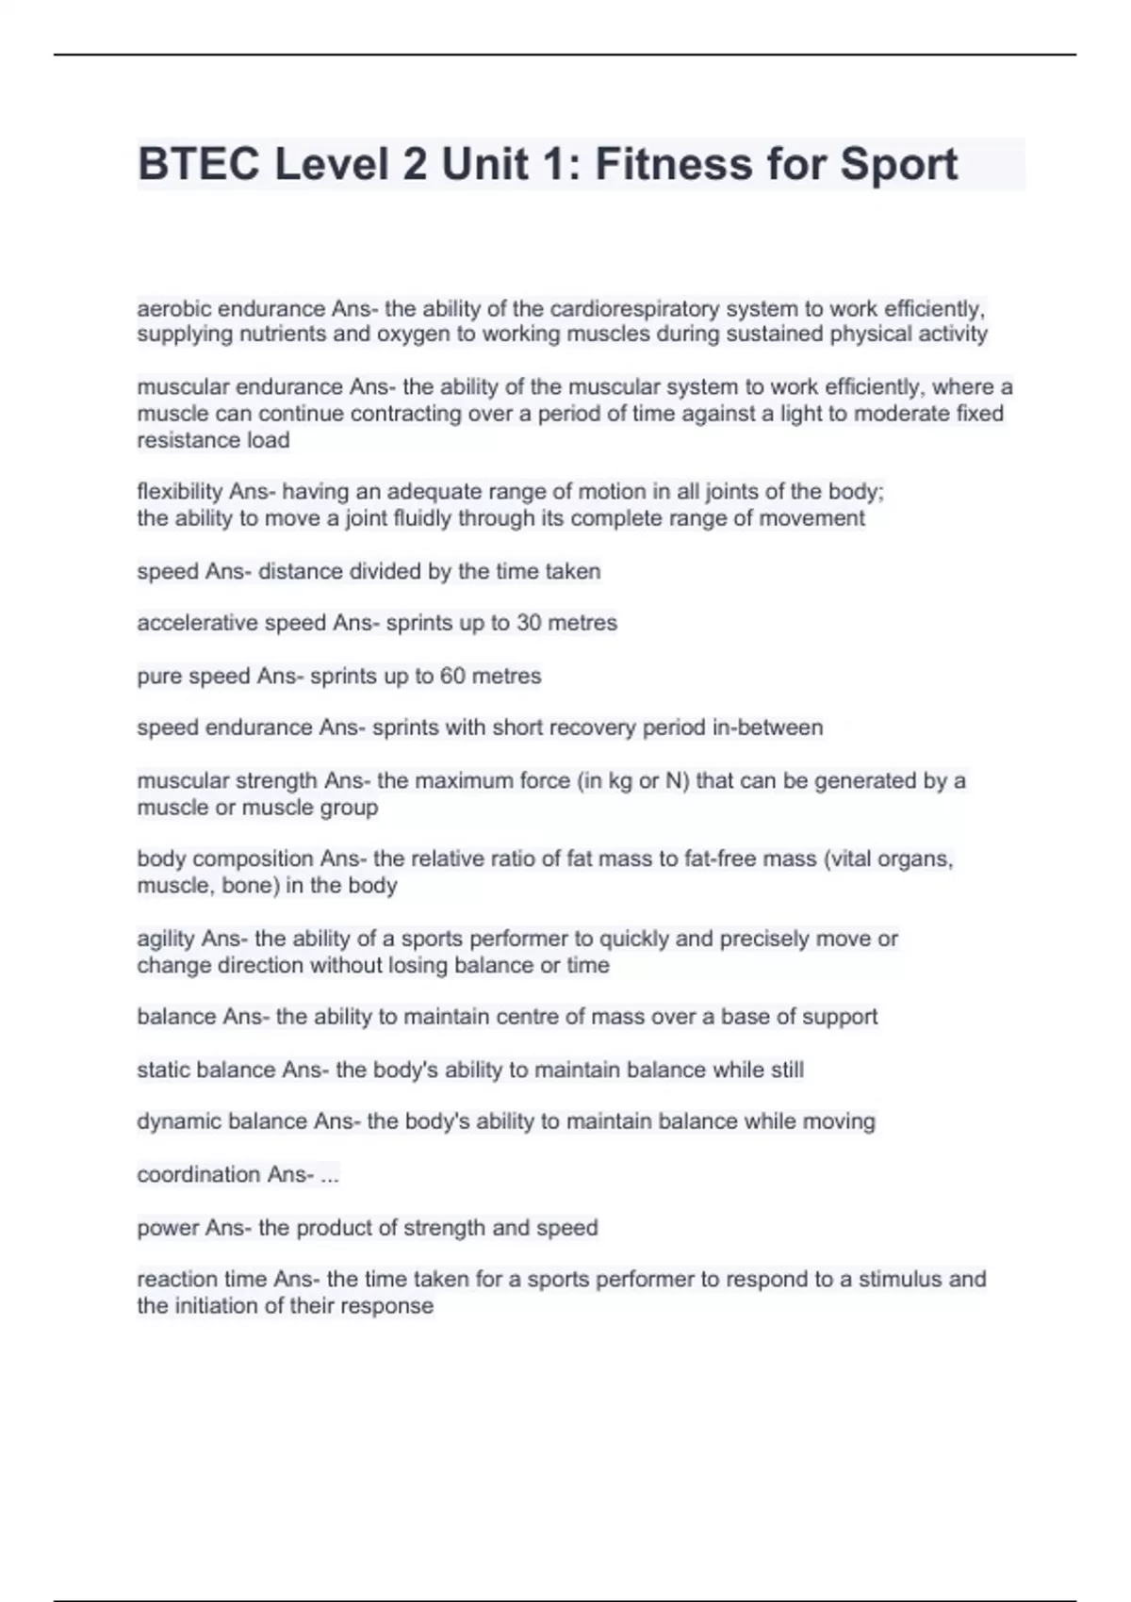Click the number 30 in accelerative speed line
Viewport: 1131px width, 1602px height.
[x=529, y=623]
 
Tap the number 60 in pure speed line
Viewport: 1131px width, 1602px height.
[x=452, y=676]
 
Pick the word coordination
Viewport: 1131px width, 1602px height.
[x=199, y=1174]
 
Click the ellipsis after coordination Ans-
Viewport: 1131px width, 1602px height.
[x=329, y=1175]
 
